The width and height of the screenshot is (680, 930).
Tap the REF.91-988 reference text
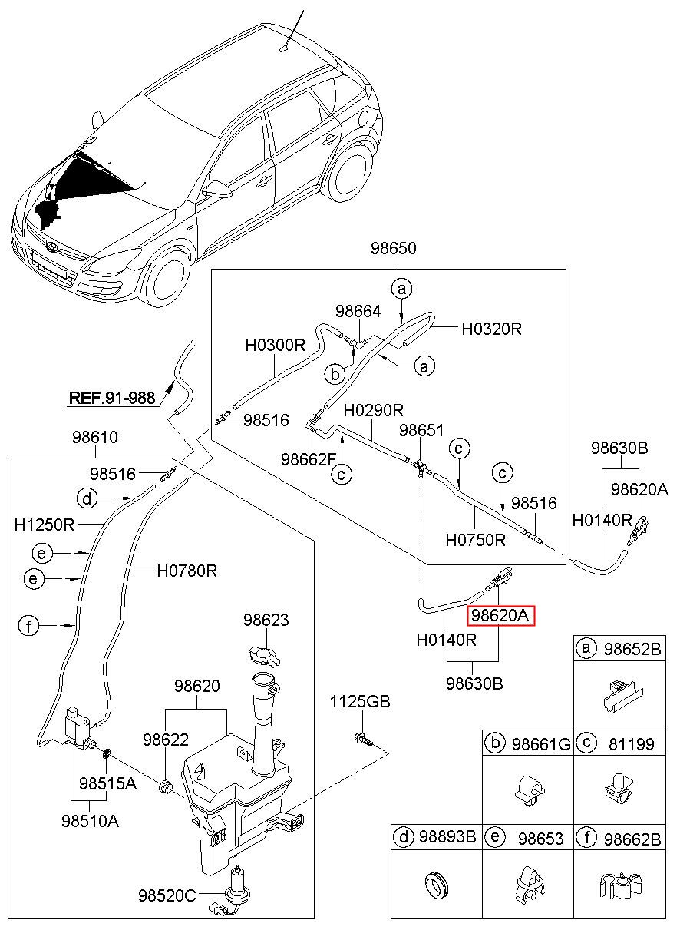(112, 398)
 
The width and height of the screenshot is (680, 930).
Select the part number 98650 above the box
(393, 248)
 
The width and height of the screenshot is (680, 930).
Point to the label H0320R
(491, 329)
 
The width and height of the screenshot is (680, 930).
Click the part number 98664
(358, 311)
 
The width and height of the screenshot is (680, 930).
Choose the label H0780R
(187, 571)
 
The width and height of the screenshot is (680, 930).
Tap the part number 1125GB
(360, 702)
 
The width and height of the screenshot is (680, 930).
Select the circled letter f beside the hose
(28, 625)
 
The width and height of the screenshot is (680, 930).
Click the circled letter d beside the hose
(87, 498)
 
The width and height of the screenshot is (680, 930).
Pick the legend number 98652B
(632, 649)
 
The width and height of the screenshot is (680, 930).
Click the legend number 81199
(631, 744)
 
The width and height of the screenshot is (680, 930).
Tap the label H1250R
(44, 525)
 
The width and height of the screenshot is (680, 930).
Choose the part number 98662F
(309, 459)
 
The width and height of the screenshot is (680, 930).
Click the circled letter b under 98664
(335, 375)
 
